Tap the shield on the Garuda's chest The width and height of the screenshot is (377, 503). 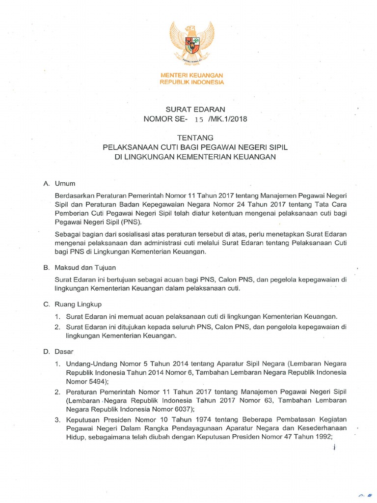[x=192, y=45]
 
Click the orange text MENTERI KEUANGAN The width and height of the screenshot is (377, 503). [x=192, y=75]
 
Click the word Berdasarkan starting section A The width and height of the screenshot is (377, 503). [x=75, y=195]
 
